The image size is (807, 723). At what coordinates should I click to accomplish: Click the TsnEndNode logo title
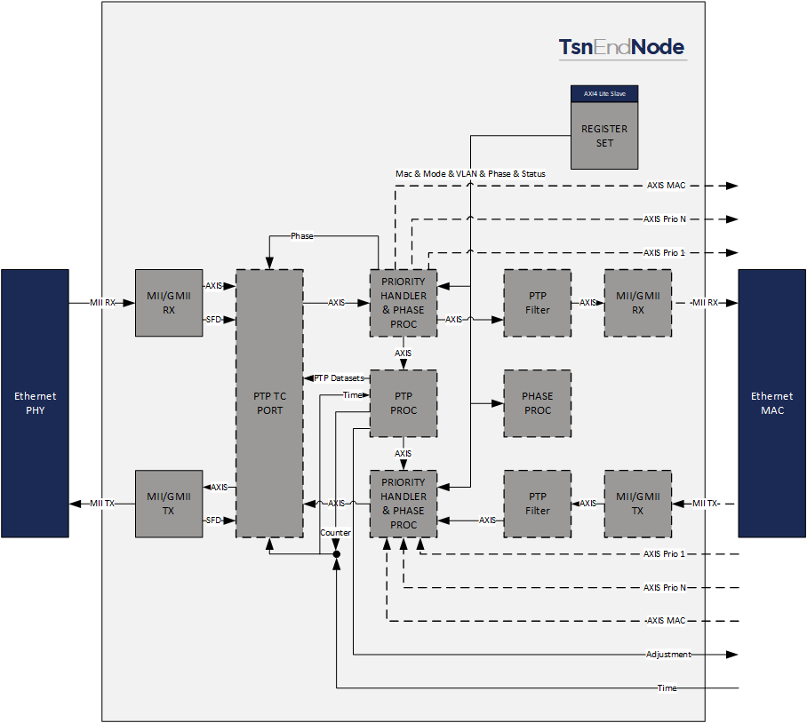point(621,47)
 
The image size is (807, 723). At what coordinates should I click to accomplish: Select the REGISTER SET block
point(604,135)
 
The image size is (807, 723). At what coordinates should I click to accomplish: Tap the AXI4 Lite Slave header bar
point(604,93)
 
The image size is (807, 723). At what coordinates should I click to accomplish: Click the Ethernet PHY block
point(35,403)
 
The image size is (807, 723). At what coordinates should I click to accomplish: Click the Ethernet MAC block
point(771,403)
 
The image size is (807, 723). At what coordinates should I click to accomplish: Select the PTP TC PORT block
point(269,403)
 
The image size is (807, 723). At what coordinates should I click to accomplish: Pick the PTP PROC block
point(403,403)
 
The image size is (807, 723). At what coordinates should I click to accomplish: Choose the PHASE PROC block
point(538,403)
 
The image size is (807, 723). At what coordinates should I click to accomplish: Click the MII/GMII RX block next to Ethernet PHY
point(169,303)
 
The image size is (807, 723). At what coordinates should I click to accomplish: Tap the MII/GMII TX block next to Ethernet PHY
point(169,504)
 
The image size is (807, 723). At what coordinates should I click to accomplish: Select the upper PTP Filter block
point(538,303)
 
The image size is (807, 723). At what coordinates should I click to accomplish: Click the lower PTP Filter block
point(538,504)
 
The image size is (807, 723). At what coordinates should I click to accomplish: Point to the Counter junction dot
point(336,554)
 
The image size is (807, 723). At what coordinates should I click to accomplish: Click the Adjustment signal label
point(668,655)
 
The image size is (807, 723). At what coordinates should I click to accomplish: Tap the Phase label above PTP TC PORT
point(303,235)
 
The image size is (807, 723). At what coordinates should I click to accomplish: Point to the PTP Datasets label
point(338,377)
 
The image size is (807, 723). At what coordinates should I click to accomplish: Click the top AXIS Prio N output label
point(664,219)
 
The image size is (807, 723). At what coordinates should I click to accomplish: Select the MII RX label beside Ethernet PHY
point(102,303)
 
